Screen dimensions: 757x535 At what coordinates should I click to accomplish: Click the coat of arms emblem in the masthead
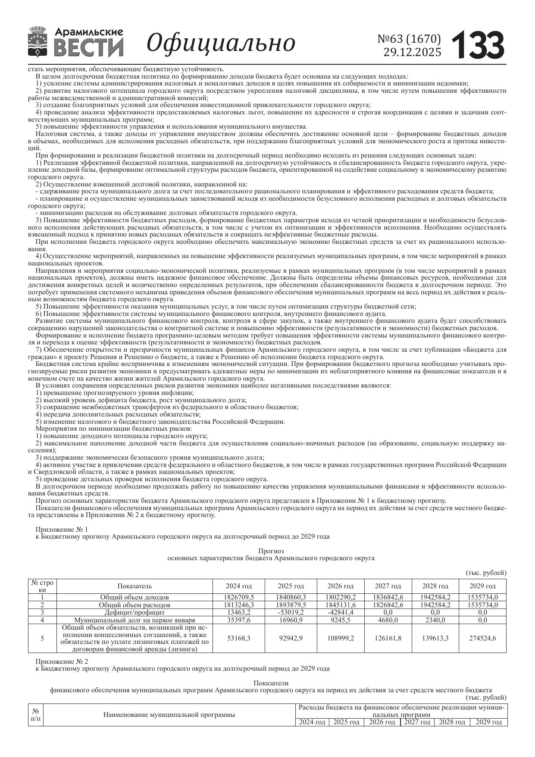click(38, 42)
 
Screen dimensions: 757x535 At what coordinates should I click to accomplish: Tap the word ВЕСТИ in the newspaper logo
click(89, 47)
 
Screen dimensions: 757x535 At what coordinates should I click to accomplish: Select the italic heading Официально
click(221, 43)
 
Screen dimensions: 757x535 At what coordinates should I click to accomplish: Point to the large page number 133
click(478, 45)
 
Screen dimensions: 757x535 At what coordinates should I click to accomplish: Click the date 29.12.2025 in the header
click(412, 52)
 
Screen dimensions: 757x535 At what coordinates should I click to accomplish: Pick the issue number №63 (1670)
click(409, 39)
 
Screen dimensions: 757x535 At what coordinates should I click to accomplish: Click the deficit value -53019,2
click(291, 612)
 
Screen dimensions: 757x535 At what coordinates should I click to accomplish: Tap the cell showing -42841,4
click(341, 612)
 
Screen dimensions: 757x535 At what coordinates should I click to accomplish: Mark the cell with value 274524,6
click(482, 638)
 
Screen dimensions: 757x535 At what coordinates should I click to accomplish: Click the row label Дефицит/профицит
click(135, 612)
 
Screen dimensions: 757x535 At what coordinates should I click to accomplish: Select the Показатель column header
click(135, 586)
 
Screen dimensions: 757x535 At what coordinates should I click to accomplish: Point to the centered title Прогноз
click(271, 551)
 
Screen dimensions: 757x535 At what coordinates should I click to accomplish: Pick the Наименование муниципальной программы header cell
click(169, 715)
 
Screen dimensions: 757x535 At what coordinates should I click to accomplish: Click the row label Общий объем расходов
click(135, 605)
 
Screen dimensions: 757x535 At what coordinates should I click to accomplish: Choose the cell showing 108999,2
click(341, 638)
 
